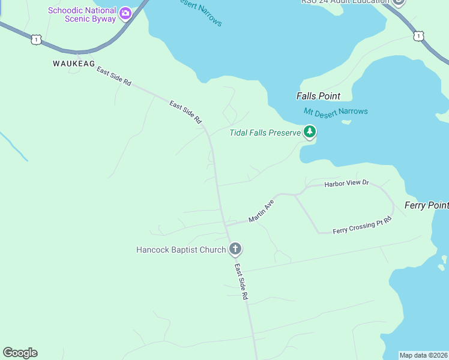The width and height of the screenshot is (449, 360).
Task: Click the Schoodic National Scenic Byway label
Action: (x=82, y=14)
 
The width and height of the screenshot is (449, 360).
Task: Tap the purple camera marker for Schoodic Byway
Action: (x=125, y=13)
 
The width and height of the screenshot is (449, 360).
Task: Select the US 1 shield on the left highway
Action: (x=37, y=40)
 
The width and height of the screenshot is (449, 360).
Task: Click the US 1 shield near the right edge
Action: (x=418, y=37)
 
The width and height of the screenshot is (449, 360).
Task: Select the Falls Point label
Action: (x=318, y=96)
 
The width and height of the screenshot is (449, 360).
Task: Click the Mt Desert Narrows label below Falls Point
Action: (x=336, y=112)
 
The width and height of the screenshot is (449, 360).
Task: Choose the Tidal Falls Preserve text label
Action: (x=264, y=133)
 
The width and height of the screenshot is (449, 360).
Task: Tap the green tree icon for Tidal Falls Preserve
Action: (x=309, y=131)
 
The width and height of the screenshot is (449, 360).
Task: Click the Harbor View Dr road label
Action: (x=346, y=182)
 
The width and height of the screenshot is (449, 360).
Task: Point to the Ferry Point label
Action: (x=426, y=205)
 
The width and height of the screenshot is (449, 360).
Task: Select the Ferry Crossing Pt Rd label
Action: (x=362, y=226)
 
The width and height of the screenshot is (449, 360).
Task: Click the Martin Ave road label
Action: (x=261, y=211)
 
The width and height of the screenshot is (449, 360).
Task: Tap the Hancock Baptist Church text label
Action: (x=181, y=250)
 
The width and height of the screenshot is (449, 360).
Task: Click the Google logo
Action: (x=20, y=353)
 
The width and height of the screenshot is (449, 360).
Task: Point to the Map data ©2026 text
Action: (x=423, y=355)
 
